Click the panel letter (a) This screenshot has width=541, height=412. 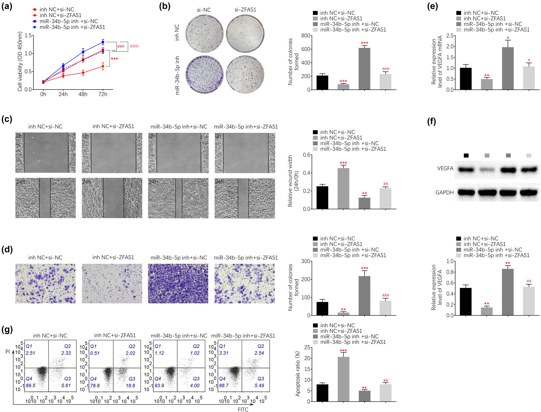click(7, 6)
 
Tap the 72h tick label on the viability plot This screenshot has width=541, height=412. click(103, 94)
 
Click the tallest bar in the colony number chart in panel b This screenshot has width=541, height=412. click(364, 69)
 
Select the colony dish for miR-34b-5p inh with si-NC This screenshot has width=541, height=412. click(204, 74)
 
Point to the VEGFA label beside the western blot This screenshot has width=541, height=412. click(445, 168)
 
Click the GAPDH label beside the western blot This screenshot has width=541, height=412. click(444, 192)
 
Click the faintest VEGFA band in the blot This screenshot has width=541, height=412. click(487, 170)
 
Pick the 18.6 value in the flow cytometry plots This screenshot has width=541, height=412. click(130, 385)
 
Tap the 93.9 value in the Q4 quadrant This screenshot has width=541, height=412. click(159, 385)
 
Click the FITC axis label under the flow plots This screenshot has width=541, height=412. click(243, 409)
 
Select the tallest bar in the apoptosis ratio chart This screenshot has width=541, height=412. click(343, 379)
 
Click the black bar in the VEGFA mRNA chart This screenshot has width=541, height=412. click(466, 79)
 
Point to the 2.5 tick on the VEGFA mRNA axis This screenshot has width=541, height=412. click(450, 35)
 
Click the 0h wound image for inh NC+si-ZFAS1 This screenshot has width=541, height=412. click(112, 153)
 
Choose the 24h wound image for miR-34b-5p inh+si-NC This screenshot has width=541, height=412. click(178, 198)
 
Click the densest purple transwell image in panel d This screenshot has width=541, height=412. click(178, 284)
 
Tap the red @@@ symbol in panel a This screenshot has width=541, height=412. click(134, 46)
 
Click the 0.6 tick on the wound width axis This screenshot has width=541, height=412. click(307, 155)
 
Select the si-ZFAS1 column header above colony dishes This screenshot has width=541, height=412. click(245, 10)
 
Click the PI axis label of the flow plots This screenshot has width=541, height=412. click(8, 352)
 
